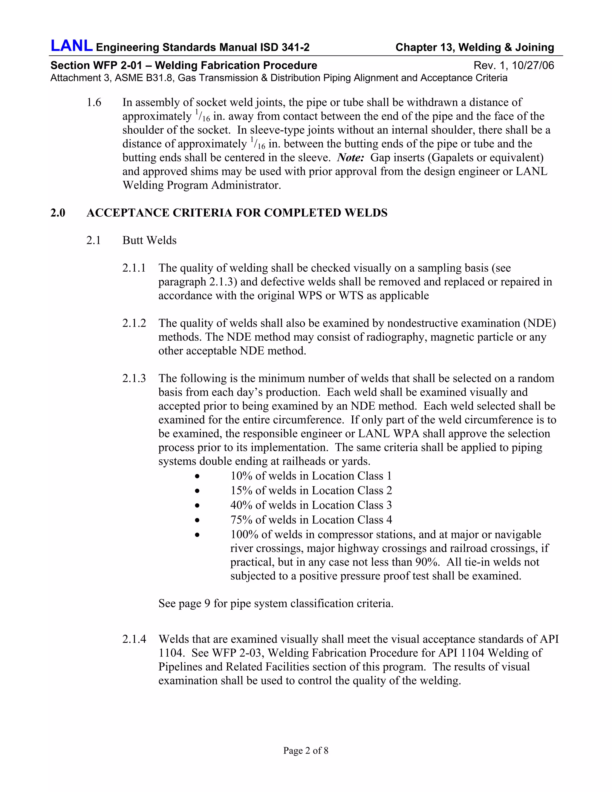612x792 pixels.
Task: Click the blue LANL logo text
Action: coord(71,46)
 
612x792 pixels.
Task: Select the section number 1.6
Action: coord(94,103)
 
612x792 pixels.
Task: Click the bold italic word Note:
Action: coord(350,158)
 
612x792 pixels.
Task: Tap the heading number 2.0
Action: coord(58,213)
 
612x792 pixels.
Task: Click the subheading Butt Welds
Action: coord(149,240)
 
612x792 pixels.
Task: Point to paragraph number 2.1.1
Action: coord(134,268)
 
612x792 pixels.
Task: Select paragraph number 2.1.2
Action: coord(134,323)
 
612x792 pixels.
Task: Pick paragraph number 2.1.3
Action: coord(134,379)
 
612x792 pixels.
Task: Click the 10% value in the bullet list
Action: coord(241,476)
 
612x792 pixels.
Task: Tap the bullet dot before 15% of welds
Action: coord(197,491)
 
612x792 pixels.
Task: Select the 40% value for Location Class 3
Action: coord(241,505)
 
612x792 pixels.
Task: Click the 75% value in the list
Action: coord(241,520)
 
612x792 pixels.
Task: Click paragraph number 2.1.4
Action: coord(134,639)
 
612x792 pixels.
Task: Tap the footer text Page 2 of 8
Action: coord(306,750)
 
